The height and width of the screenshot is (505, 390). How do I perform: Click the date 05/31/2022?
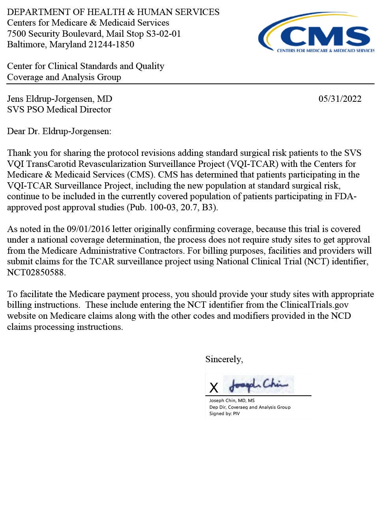point(340,99)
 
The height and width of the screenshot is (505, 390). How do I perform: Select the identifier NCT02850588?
point(36,272)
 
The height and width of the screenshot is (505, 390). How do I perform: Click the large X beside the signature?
point(214,388)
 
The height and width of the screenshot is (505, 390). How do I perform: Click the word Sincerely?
point(224,359)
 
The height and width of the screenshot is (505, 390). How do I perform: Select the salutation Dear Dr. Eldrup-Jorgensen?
point(59,131)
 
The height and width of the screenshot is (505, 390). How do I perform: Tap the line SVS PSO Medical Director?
point(59,109)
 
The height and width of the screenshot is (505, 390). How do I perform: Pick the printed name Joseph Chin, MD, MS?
point(232,400)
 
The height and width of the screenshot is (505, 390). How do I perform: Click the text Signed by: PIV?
point(224,414)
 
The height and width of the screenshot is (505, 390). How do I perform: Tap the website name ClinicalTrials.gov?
point(314,305)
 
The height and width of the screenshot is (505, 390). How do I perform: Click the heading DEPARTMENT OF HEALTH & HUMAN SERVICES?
point(113,12)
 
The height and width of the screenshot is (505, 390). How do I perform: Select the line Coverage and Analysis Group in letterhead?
point(64,77)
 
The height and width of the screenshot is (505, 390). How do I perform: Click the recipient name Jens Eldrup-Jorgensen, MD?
point(60,99)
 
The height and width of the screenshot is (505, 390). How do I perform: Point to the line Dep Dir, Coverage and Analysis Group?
point(250,407)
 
